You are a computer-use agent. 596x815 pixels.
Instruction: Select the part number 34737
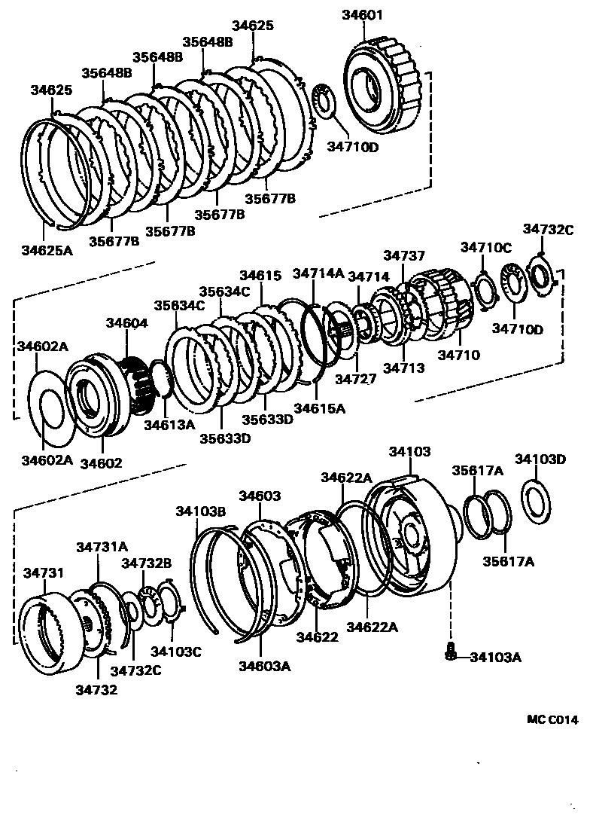(404, 257)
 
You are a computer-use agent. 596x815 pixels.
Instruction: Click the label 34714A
(318, 273)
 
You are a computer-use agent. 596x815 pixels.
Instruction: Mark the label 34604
(126, 322)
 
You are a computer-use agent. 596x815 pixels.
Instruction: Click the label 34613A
(169, 424)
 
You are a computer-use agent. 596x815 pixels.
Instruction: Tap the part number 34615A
(319, 408)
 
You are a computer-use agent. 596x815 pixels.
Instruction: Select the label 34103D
(540, 459)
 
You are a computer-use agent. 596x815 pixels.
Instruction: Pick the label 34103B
(201, 511)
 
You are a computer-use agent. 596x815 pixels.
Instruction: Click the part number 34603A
(265, 665)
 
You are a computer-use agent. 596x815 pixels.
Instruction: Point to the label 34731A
(102, 547)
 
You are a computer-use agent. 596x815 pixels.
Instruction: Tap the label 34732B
(147, 563)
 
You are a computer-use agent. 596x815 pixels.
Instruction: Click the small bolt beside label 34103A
(450, 652)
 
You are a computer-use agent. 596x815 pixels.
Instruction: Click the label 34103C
(175, 651)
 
